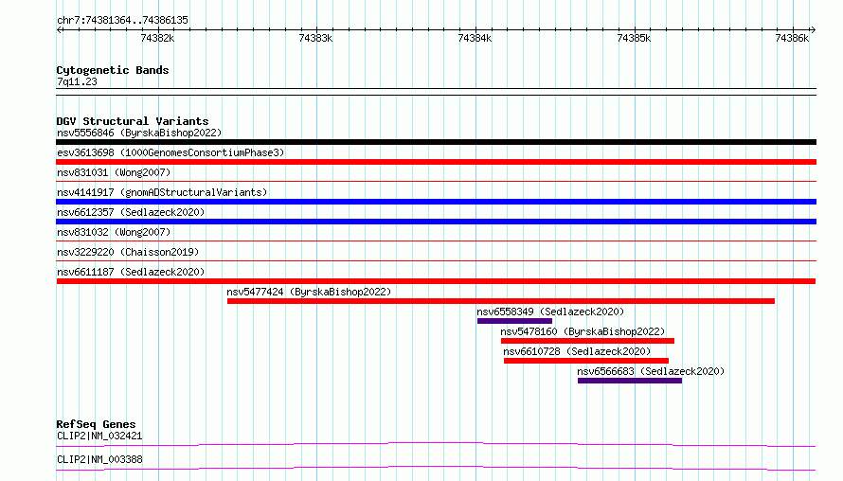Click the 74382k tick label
pyautogui.click(x=157, y=38)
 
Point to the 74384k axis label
pyautogui.click(x=475, y=38)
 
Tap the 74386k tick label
pyautogui.click(x=792, y=38)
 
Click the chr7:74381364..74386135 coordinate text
pyautogui.click(x=122, y=21)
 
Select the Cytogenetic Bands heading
pyautogui.click(x=113, y=70)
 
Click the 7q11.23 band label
pyautogui.click(x=77, y=81)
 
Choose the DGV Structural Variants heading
pyautogui.click(x=133, y=121)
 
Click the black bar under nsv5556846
pyautogui.click(x=436, y=142)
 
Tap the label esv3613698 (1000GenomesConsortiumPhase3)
pyautogui.click(x=170, y=152)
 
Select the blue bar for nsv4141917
pyautogui.click(x=436, y=202)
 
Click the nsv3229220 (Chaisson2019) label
pyautogui.click(x=128, y=252)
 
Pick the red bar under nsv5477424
pyautogui.click(x=500, y=301)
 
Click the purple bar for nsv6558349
pyautogui.click(x=514, y=321)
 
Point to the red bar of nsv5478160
pyautogui.click(x=587, y=341)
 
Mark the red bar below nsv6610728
pyautogui.click(x=586, y=361)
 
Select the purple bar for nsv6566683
pyautogui.click(x=630, y=381)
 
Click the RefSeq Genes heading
pyautogui.click(x=96, y=424)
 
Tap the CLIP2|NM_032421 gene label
pyautogui.click(x=99, y=436)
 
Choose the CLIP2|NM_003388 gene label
pyautogui.click(x=99, y=459)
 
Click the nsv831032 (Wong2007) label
pyautogui.click(x=114, y=232)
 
